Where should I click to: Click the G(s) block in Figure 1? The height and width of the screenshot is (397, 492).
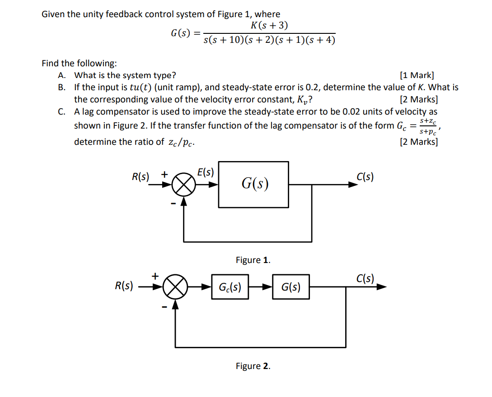coord(254,184)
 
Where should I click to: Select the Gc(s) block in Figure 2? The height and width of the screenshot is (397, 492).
coord(230,287)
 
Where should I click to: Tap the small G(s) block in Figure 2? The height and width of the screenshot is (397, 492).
coord(291,287)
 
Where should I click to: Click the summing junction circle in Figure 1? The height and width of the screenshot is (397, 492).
coord(184,184)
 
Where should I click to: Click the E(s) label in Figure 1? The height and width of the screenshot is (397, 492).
coord(206,172)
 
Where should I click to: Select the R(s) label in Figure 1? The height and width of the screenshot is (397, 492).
coord(140,176)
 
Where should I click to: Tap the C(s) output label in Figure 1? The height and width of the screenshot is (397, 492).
coord(365,176)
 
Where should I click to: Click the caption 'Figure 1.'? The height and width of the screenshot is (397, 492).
coord(253,260)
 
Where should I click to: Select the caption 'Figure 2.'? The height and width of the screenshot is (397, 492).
coord(253,366)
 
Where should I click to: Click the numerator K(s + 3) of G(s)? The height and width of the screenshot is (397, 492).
coord(269,25)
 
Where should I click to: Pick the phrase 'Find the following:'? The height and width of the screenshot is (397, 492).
coord(79,64)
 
